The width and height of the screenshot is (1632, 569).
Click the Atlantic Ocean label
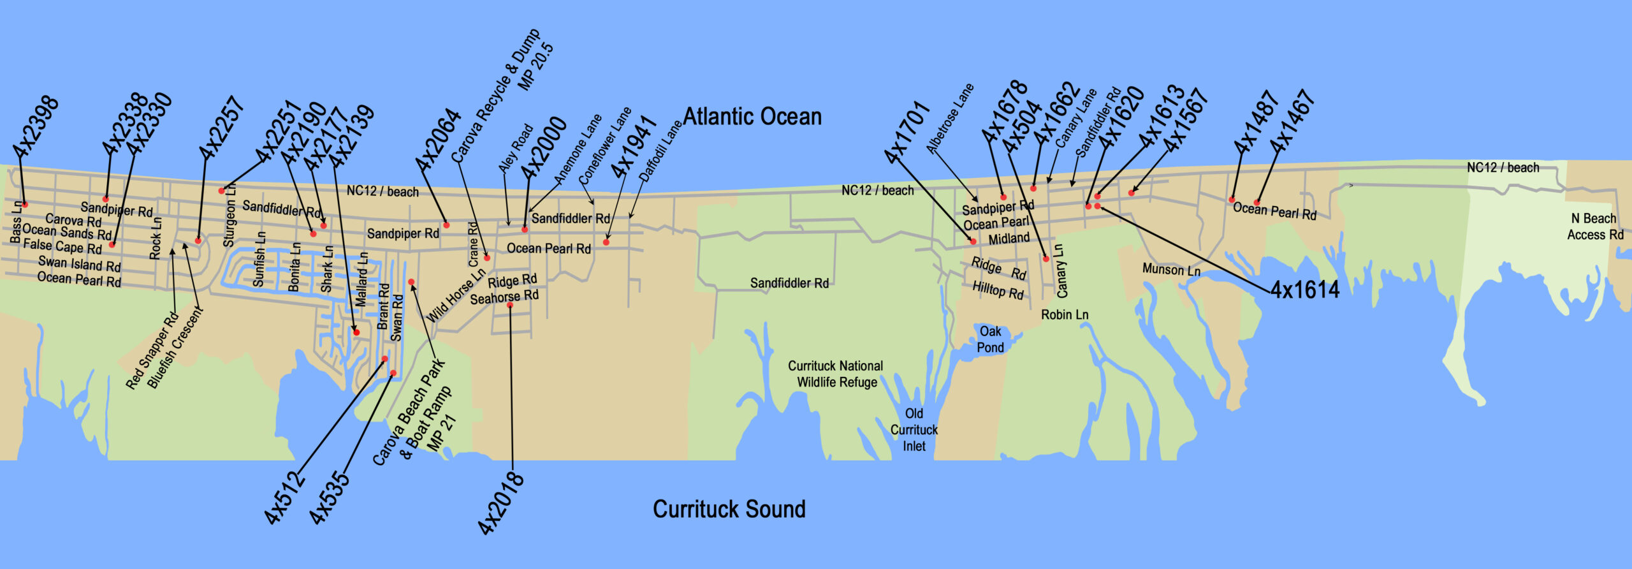click(752, 117)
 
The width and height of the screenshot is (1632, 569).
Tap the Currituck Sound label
click(729, 509)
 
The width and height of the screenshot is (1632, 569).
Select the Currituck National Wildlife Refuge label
click(836, 374)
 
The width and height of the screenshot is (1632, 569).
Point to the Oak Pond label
click(990, 339)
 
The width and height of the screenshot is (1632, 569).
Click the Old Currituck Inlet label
click(914, 430)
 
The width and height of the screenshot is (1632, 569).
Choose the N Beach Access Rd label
click(1595, 226)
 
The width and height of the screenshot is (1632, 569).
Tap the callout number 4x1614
click(1305, 290)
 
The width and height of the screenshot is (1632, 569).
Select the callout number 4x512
click(284, 497)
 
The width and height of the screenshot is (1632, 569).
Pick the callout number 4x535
click(330, 497)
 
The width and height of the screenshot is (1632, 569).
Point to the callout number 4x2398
click(36, 127)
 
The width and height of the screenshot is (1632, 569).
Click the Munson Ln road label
click(1171, 270)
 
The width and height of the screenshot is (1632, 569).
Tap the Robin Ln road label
click(1065, 314)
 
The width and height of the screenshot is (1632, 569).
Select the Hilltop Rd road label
click(998, 290)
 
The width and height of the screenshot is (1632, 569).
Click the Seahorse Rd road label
click(504, 297)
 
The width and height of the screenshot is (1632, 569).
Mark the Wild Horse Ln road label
click(455, 295)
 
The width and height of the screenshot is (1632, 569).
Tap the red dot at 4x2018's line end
click(510, 305)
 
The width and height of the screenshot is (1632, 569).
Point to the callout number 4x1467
click(1292, 121)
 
